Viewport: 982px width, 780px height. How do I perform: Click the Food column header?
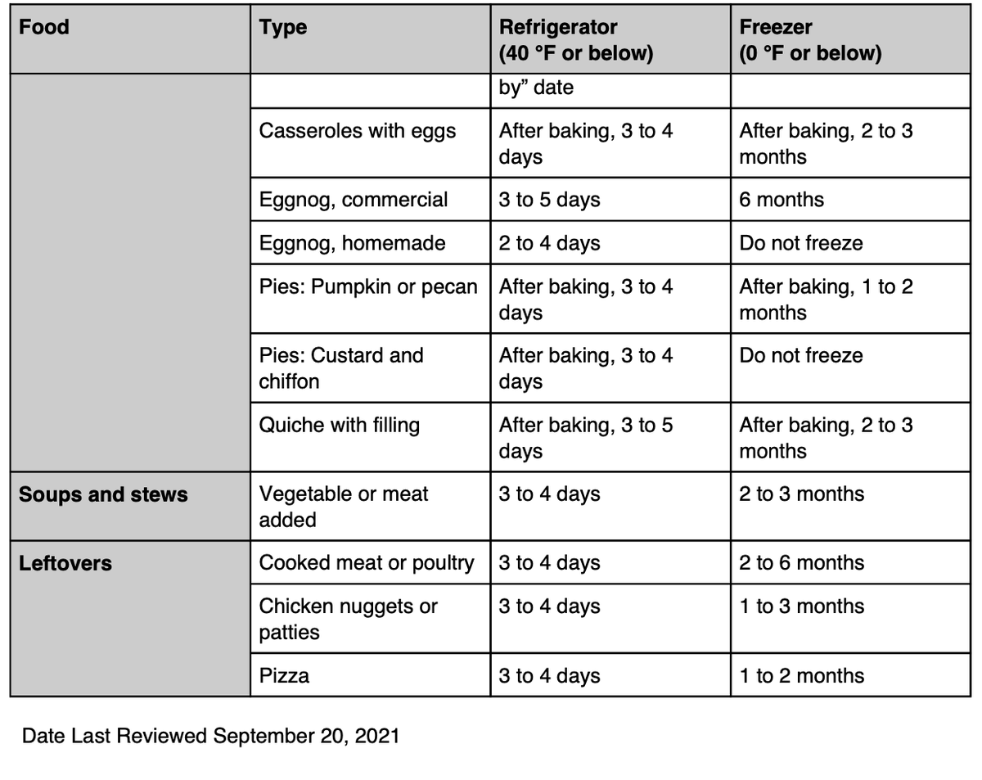(x=44, y=27)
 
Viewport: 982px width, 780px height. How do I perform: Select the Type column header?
(x=283, y=28)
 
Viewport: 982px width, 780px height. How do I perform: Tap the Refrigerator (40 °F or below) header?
(x=576, y=40)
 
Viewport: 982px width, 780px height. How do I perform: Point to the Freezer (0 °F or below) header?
(x=810, y=40)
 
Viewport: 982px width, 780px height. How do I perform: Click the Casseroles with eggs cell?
(x=358, y=131)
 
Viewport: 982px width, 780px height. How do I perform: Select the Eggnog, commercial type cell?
(x=354, y=200)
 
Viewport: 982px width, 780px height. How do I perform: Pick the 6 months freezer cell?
(x=782, y=200)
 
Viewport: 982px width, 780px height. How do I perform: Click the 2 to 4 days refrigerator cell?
(x=549, y=243)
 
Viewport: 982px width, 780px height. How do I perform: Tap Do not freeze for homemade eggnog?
(x=801, y=243)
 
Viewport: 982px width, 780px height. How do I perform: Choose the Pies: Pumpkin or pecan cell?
(x=368, y=287)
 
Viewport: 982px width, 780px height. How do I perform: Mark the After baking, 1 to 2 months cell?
(x=826, y=300)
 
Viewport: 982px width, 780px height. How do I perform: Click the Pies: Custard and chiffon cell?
(x=341, y=368)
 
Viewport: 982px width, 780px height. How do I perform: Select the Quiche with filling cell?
(x=339, y=426)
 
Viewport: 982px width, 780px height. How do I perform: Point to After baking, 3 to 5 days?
(x=585, y=438)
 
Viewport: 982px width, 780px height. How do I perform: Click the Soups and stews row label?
(x=103, y=494)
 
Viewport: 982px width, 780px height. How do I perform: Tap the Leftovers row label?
(x=65, y=563)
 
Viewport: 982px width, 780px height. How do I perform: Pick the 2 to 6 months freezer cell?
(x=801, y=563)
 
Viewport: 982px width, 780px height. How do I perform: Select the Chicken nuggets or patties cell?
(x=348, y=619)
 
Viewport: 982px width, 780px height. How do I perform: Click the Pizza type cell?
(x=284, y=676)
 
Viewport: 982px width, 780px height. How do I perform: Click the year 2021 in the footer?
(x=377, y=736)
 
